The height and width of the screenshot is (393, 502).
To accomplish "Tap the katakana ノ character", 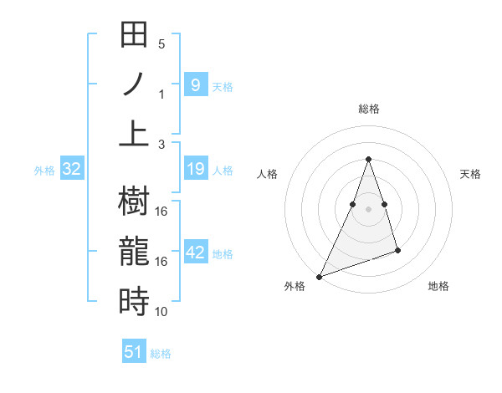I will [134, 84].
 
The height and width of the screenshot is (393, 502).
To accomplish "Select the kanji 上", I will [134, 133].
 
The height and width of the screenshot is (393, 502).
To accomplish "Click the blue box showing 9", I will [195, 84].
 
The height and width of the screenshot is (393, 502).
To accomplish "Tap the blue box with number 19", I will [195, 170].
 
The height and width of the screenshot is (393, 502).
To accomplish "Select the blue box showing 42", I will [195, 253].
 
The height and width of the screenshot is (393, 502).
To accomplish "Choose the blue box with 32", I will [71, 170].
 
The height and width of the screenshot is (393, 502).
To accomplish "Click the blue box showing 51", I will [134, 352].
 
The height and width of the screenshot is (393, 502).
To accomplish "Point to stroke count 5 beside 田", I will [161, 44].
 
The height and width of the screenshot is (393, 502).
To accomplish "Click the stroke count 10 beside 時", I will [161, 312].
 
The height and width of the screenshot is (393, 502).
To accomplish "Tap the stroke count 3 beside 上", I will [161, 145].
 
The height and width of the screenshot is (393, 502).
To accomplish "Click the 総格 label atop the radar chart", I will [368, 110].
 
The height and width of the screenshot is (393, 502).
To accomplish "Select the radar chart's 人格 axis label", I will [268, 174].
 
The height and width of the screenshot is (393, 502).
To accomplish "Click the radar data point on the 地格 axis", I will [397, 250].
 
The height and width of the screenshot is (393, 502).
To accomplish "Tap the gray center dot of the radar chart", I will [368, 209].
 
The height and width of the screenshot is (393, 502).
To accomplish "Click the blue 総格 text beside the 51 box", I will [161, 354].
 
